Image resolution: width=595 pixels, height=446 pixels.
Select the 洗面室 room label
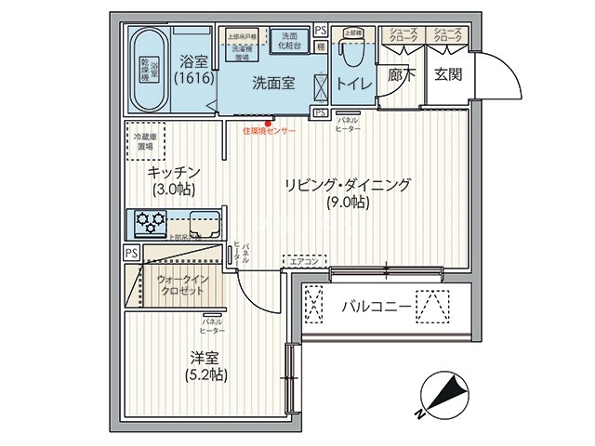pos(273,83)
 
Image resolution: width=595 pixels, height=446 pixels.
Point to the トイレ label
pos(354,84)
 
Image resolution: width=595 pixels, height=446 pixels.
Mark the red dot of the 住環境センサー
pos(268,123)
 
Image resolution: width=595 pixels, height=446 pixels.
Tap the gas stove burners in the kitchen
pos(150,222)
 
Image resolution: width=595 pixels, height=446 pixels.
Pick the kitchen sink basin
pos(204,223)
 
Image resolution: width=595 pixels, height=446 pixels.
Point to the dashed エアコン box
pos(303,261)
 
